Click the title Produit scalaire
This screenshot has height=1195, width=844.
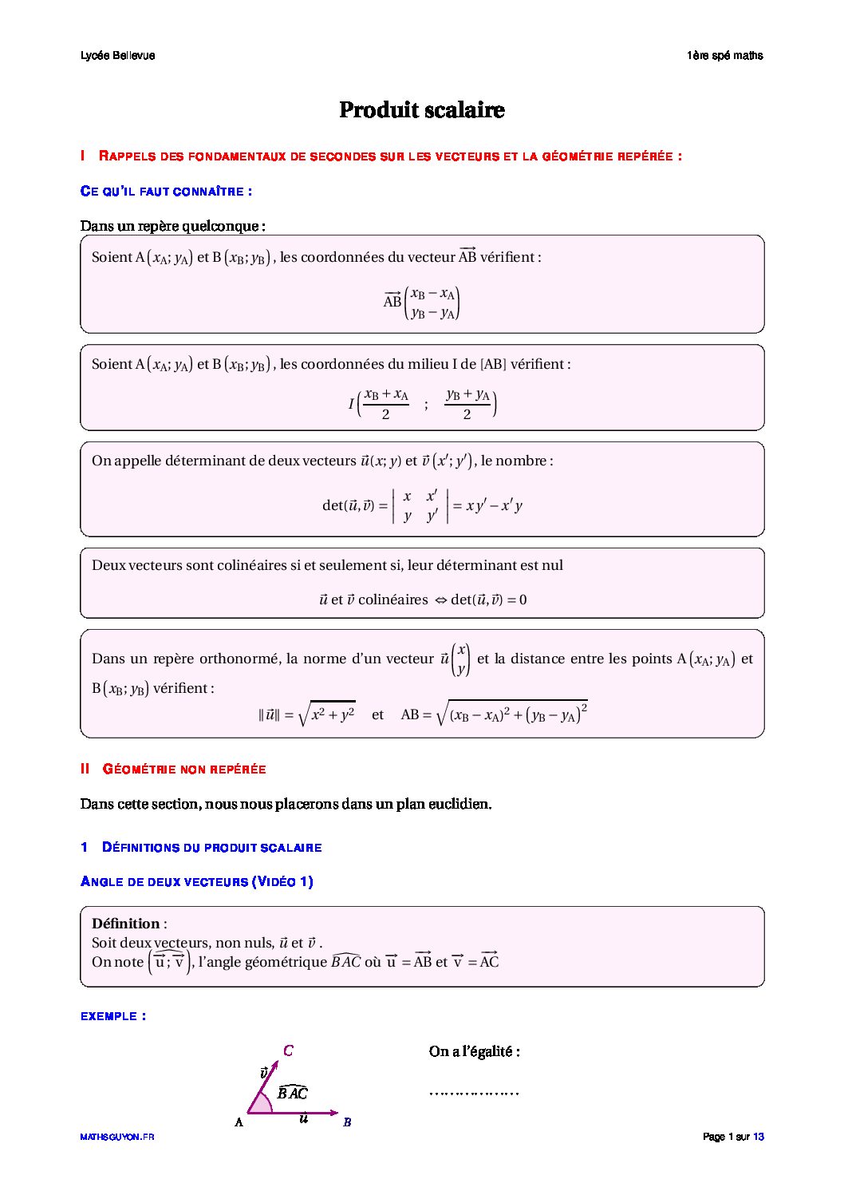point(421,110)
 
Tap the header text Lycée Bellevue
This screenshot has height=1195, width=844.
point(117,56)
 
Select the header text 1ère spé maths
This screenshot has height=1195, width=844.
point(724,56)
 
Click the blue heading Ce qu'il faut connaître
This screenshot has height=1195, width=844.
point(166,192)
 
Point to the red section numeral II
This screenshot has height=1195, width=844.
point(85,769)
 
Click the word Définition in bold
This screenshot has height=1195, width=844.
point(126,924)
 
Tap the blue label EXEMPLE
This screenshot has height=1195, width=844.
point(112,1016)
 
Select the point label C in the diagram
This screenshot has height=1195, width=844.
point(288,1051)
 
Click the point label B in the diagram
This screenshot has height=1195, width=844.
point(347,1122)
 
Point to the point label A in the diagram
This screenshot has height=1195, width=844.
point(239,1122)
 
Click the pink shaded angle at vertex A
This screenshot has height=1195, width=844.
point(261,1105)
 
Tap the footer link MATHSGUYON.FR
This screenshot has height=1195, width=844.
point(116,1137)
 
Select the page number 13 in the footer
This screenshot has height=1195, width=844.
point(759,1137)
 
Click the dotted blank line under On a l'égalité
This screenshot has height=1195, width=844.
point(474,1092)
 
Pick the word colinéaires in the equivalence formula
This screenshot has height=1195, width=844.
point(392,599)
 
